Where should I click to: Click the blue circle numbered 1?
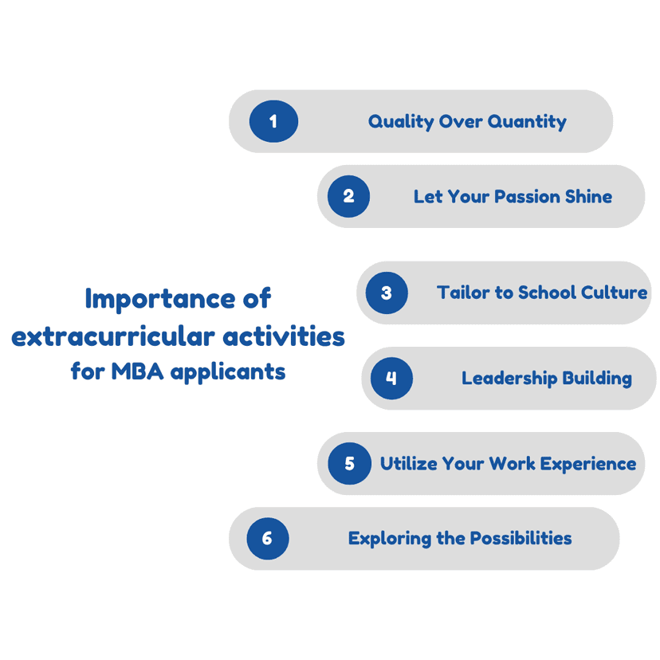273,121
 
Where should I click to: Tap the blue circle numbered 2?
348,196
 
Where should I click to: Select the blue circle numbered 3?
387,293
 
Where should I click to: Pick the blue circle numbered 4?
391,378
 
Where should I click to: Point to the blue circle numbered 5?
349,463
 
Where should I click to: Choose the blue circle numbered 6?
268,538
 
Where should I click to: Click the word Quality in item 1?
401,122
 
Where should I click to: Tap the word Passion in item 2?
527,197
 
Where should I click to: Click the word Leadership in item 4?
509,379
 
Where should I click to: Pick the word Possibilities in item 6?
521,538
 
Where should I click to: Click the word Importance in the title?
159,299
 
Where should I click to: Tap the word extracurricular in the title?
113,337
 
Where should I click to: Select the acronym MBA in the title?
137,371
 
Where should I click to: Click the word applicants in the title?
228,372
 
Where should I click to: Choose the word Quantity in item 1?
527,122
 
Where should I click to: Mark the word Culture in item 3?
614,293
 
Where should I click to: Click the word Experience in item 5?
588,464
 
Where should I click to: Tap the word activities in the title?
284,337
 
